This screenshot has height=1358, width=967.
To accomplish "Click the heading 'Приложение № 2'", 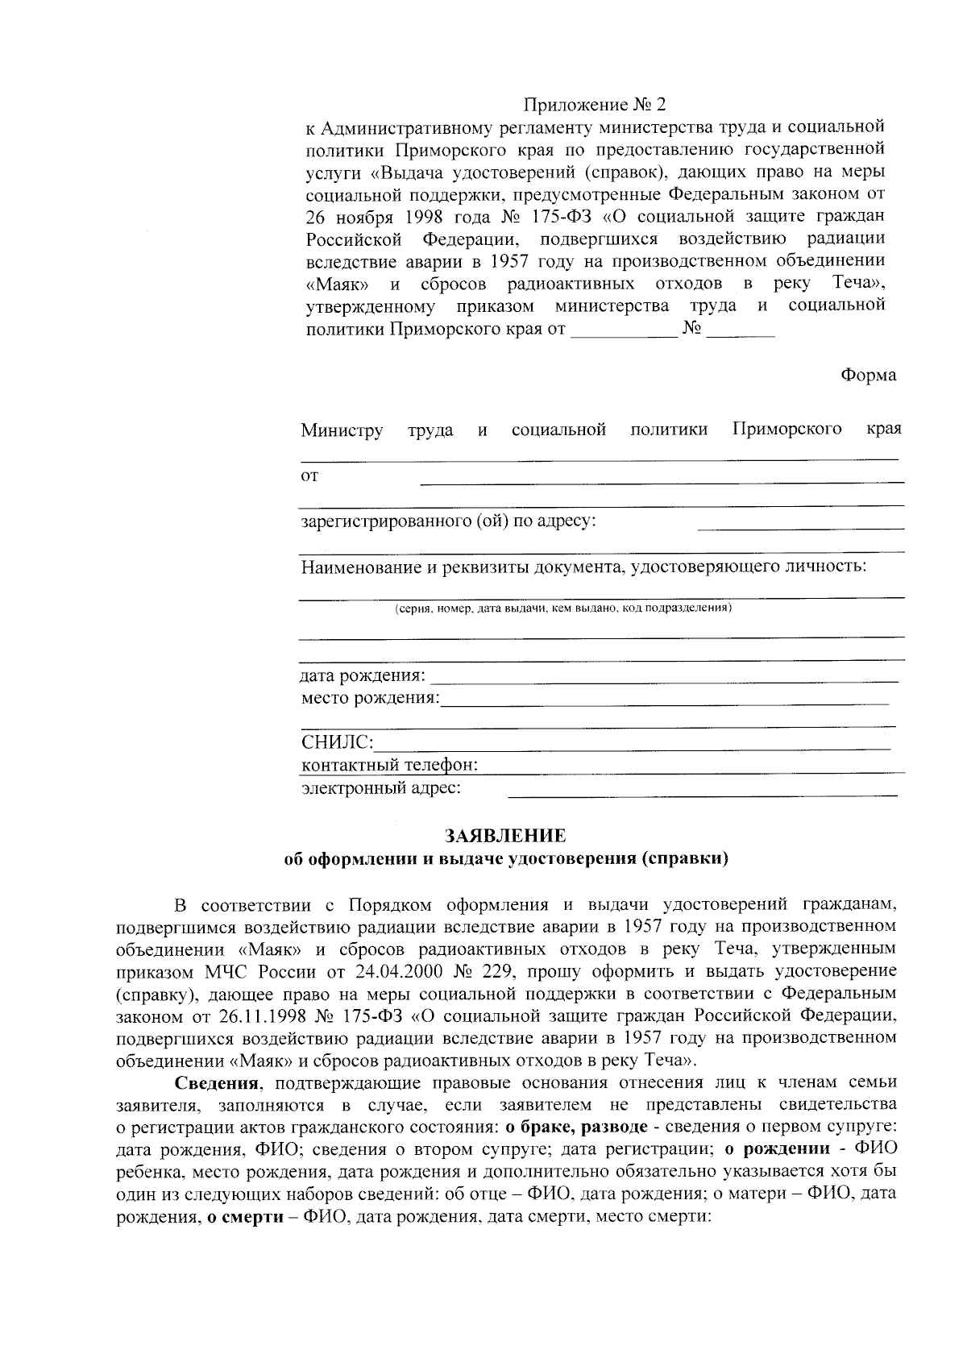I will point(596,105).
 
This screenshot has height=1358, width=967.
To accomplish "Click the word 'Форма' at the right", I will point(868,376).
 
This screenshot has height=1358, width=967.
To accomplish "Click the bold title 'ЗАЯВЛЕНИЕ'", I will point(506,836).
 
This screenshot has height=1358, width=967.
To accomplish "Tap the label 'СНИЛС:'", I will point(337,741).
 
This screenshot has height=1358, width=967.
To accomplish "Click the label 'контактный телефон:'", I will point(390,764).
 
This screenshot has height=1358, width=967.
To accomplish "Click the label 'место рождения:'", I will point(370,698).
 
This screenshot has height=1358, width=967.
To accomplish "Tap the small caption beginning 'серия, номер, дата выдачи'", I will point(562,608).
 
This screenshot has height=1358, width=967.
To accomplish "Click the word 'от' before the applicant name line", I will point(309,476).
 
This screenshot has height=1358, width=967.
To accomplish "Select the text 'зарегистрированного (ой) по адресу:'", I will point(448,521).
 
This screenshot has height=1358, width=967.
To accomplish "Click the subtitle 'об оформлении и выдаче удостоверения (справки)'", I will point(507,859).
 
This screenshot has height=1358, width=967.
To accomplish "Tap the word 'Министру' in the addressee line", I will point(342,430).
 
